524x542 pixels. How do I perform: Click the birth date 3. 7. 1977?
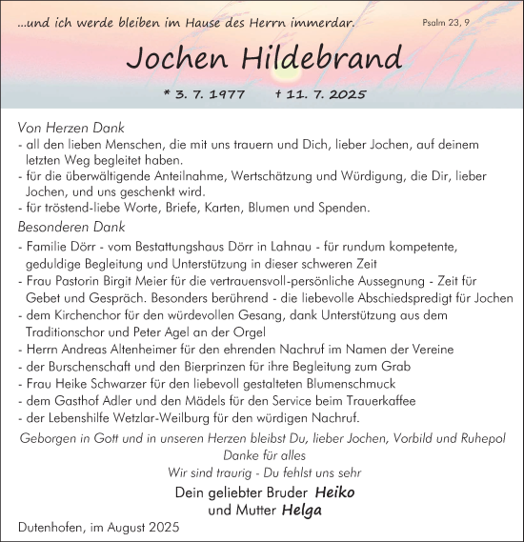(x=205, y=95)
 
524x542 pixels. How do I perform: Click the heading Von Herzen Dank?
(x=71, y=127)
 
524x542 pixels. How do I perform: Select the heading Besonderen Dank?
(x=71, y=227)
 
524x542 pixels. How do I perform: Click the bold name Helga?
(x=303, y=510)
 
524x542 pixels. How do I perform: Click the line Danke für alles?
(x=262, y=456)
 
